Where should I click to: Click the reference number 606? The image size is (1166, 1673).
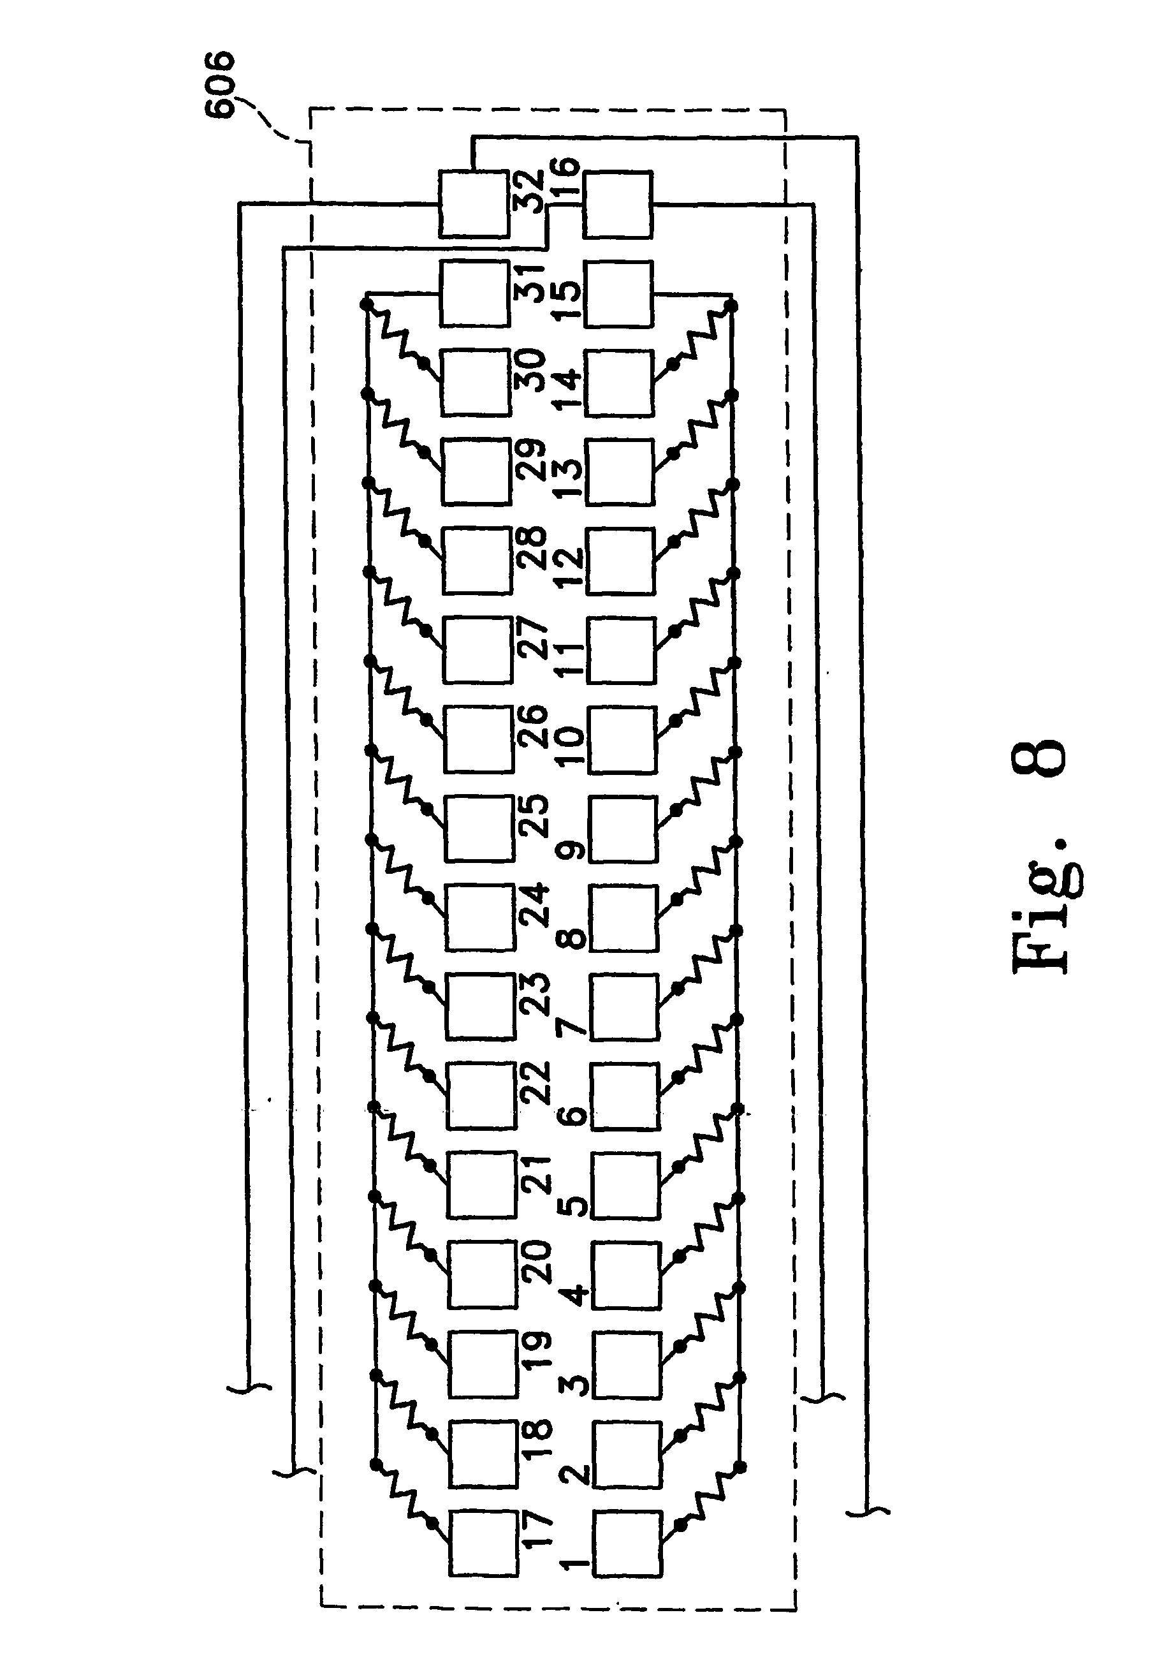tap(219, 83)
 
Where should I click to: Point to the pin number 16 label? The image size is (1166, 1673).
tap(565, 179)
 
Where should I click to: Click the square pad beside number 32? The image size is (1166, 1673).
tap(474, 203)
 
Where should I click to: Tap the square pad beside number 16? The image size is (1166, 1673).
tap(618, 204)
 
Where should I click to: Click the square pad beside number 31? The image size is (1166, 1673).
tap(474, 293)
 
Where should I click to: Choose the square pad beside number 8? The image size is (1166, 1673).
tap(624, 917)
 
